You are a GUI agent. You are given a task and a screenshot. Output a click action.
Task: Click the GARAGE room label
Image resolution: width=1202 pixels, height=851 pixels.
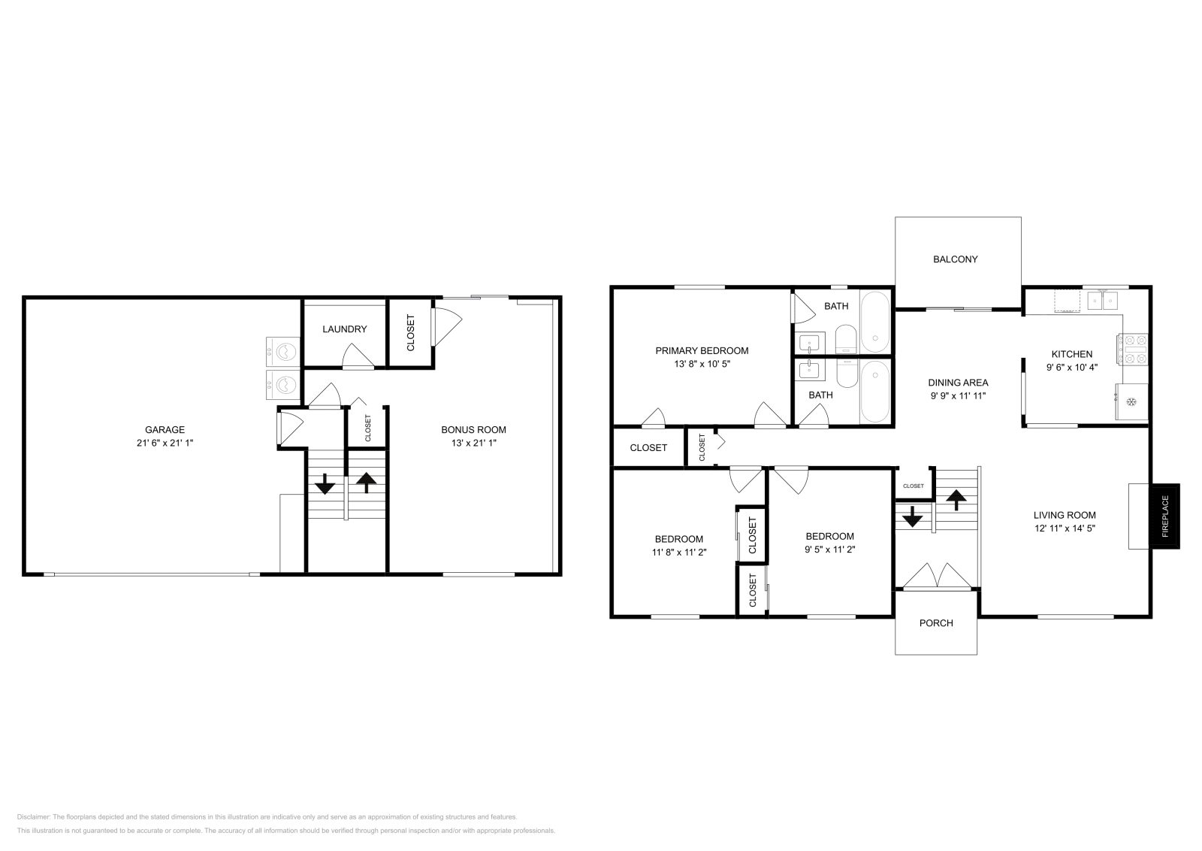click(165, 429)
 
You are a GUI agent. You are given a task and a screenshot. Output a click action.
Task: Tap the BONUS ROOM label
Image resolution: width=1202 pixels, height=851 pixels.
click(473, 429)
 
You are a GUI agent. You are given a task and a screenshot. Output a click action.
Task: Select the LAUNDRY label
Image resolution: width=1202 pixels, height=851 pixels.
click(345, 329)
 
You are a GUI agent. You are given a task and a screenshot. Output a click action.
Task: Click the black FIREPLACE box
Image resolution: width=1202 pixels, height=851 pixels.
click(1164, 516)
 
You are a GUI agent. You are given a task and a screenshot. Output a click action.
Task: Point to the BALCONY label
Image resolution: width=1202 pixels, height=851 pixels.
click(955, 259)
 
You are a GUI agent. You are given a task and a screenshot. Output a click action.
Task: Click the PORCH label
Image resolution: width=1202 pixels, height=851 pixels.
click(936, 622)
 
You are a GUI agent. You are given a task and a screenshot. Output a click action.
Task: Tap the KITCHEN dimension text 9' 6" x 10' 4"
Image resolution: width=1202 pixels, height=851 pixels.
click(1072, 368)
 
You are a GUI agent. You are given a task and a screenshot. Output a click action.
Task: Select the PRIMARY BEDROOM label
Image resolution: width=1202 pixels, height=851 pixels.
click(702, 350)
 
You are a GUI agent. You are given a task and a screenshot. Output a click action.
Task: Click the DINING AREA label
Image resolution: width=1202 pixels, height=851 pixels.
click(959, 383)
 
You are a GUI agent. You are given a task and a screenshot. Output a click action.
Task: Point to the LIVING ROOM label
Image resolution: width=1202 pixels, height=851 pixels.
click(1065, 515)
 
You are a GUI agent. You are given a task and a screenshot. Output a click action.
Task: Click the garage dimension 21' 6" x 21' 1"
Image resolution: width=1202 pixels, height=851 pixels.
click(165, 443)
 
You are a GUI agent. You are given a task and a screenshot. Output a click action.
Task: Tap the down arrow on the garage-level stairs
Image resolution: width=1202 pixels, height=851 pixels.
click(325, 483)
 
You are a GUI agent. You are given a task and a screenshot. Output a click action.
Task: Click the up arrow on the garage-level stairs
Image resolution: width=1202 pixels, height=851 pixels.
click(367, 482)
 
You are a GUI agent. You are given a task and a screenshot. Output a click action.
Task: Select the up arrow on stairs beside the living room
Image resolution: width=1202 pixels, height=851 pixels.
click(956, 500)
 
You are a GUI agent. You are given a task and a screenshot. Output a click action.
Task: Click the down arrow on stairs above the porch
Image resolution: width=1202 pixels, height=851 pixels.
click(912, 516)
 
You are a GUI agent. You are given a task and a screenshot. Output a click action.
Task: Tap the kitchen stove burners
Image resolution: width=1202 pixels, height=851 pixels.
click(1132, 350)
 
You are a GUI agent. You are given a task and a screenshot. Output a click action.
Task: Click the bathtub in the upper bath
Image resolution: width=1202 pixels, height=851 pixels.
click(875, 323)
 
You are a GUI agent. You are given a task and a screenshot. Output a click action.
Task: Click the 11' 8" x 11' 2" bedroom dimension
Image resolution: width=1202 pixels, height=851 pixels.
click(679, 552)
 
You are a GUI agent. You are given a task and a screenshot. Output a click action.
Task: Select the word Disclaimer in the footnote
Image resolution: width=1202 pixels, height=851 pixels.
click(33, 816)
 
